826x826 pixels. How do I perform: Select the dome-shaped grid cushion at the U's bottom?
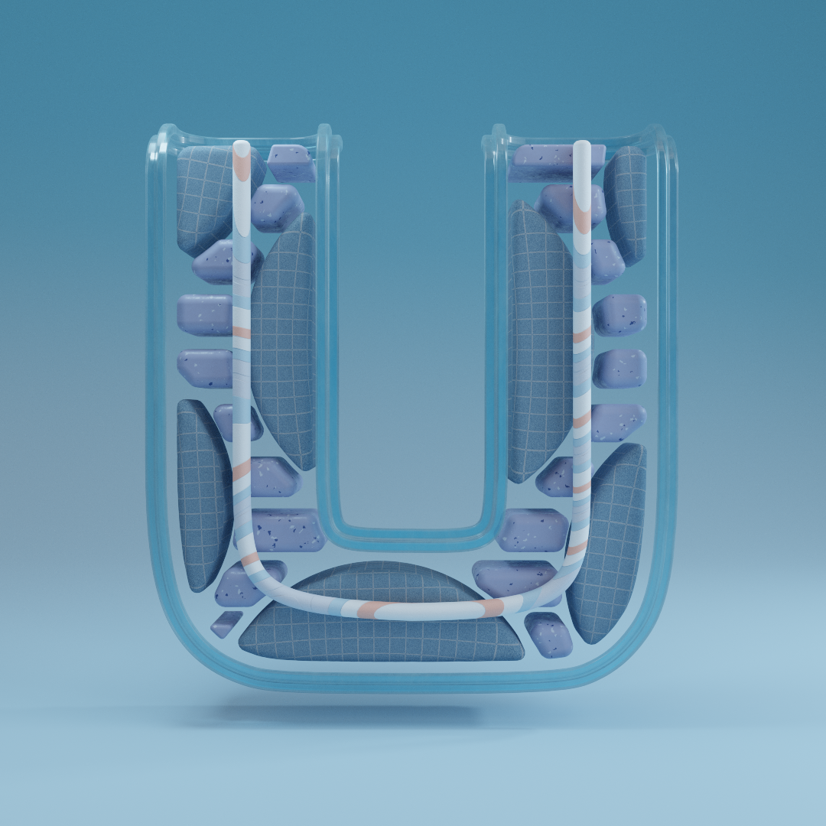click(x=382, y=613)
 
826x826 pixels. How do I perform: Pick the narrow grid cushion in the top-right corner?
click(x=626, y=206)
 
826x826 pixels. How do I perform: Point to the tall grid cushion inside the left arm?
click(x=284, y=343)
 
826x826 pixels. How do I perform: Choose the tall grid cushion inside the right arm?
click(x=540, y=343)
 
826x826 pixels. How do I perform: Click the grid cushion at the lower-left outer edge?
click(x=203, y=495)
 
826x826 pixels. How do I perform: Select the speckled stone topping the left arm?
click(x=292, y=163)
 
